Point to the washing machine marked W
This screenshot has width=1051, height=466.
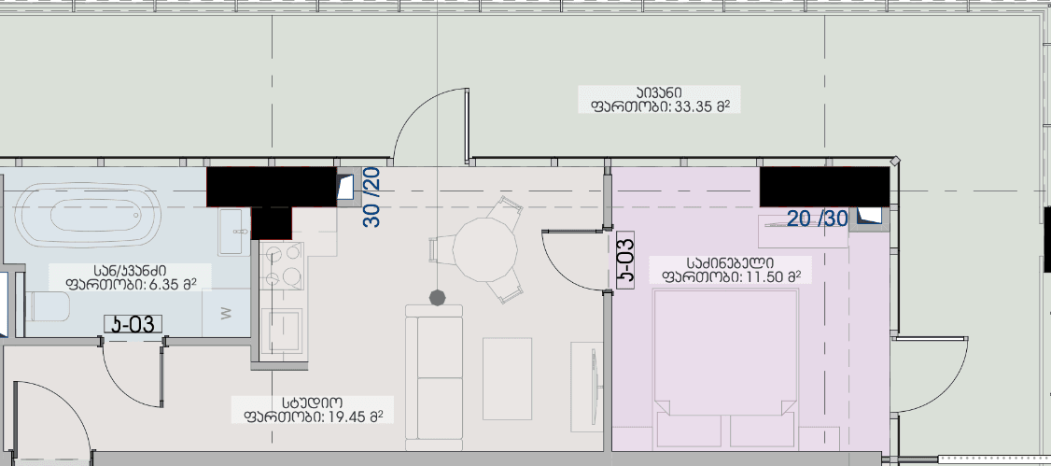point(226,314)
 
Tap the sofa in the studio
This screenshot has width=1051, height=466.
point(435,374)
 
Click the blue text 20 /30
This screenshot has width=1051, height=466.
point(817,219)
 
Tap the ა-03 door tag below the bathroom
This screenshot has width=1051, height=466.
point(133,325)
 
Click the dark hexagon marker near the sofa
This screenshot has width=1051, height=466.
point(436,297)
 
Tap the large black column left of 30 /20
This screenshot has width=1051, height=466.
point(270,187)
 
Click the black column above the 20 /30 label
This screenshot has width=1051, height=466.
point(823,186)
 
